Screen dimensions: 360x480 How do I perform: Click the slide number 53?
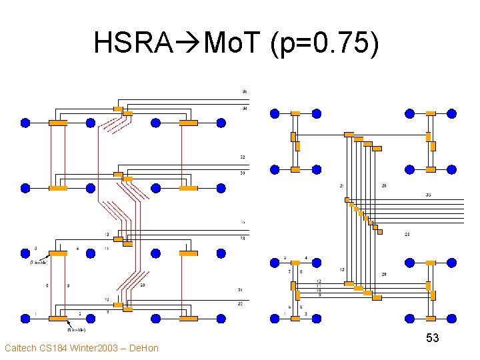(x=433, y=338)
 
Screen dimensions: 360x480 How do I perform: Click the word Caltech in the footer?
(x=21, y=347)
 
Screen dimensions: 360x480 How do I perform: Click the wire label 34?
(x=245, y=107)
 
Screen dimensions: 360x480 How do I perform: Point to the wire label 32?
(x=243, y=157)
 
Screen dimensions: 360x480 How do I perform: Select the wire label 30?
(x=243, y=173)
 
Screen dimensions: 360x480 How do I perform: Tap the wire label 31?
(x=241, y=289)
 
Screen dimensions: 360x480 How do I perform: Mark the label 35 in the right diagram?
(x=427, y=195)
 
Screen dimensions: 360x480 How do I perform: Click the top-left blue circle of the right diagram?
(x=274, y=113)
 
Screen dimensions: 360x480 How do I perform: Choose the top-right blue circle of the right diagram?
(x=452, y=113)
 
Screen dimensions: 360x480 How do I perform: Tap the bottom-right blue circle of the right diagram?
(x=452, y=319)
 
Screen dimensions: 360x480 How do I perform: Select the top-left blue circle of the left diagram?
(x=25, y=123)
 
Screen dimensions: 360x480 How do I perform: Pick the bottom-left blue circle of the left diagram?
(x=25, y=319)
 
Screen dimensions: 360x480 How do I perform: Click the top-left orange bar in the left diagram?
(x=58, y=123)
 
